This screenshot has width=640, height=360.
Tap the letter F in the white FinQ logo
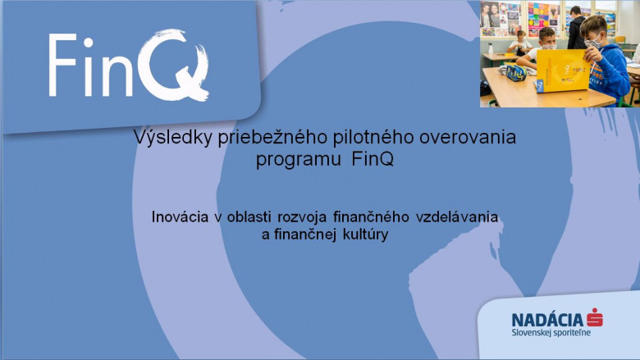[62, 65]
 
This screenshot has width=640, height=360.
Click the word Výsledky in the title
[172, 138]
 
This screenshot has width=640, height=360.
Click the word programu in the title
[299, 159]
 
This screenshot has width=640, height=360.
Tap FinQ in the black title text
[373, 158]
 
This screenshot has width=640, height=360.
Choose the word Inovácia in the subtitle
[180, 216]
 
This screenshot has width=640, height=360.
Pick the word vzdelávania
[457, 216]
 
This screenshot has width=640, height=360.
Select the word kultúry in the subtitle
[365, 235]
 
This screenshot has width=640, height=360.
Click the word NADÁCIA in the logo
[547, 319]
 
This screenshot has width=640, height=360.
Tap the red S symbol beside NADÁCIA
[595, 317]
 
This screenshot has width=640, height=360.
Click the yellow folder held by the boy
[562, 71]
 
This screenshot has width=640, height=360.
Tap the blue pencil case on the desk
[516, 73]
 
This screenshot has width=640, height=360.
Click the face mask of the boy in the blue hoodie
[592, 43]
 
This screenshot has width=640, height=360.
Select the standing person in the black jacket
[576, 28]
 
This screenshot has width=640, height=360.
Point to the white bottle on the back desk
[490, 48]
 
